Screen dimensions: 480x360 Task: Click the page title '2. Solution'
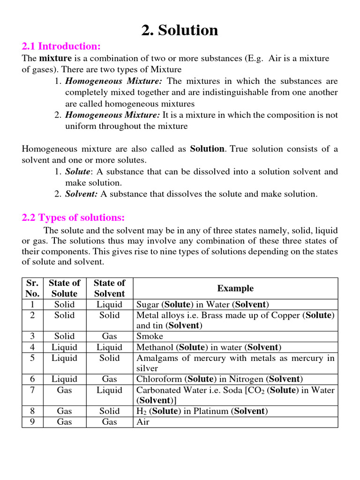(180, 30)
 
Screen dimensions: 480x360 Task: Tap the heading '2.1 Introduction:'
(61, 46)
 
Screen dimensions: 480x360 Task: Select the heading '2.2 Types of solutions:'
(74, 218)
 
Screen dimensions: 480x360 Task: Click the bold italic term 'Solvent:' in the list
(82, 194)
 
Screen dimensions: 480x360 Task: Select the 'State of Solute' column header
(65, 288)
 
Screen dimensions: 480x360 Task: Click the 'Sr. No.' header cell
(32, 288)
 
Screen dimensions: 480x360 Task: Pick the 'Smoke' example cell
(150, 336)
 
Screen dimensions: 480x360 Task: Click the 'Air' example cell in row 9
(142, 422)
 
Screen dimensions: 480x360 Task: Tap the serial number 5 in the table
(32, 358)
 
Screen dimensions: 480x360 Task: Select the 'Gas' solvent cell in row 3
(110, 336)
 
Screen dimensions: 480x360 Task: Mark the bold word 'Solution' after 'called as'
(207, 149)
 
